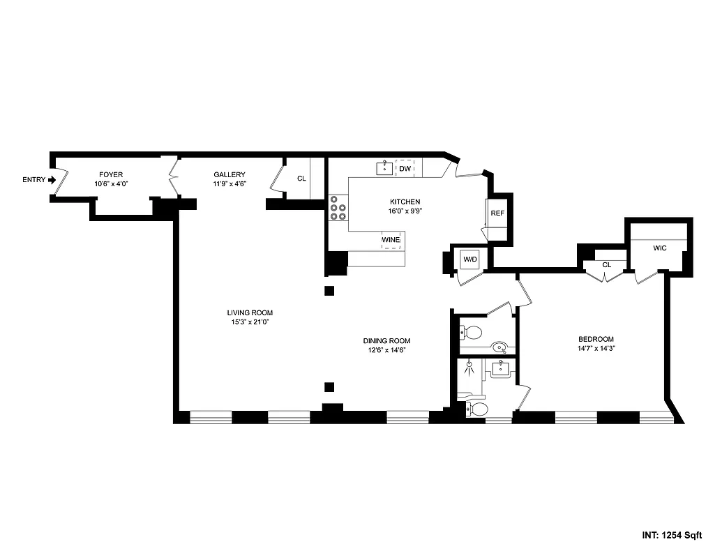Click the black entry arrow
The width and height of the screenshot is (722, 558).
point(51,180)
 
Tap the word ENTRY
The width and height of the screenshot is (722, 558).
point(33,180)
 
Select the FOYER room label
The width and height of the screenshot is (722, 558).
point(111,174)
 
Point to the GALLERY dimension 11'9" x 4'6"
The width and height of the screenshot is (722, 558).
point(230,184)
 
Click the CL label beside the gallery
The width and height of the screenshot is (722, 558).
point(301,179)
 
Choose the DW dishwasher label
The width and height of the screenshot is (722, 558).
point(405,168)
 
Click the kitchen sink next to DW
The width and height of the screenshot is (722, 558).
point(384,168)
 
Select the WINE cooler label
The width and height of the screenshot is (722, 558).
point(391,240)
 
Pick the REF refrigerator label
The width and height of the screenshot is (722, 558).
point(497,213)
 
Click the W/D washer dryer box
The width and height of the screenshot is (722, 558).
point(470,259)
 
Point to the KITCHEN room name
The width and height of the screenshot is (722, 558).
point(405,202)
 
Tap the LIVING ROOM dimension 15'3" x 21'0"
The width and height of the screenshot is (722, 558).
point(249,322)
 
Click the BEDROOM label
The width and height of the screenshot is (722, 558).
point(595,339)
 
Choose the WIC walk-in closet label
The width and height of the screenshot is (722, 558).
point(660,248)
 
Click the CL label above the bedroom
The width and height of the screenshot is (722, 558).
point(606,264)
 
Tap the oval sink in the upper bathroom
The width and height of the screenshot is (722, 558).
point(499,347)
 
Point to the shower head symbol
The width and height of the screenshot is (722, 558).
point(469,365)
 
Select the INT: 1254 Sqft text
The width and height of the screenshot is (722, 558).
point(671,536)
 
